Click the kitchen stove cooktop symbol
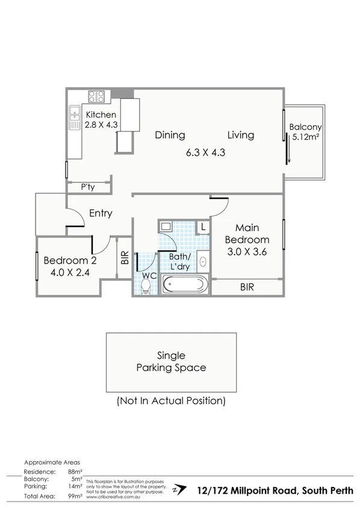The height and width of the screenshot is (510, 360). pyautogui.click(x=96, y=96)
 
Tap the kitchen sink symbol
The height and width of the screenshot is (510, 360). pyautogui.click(x=74, y=118)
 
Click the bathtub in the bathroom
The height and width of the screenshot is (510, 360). pyautogui.click(x=185, y=284)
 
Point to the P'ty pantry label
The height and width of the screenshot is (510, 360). pyautogui.click(x=88, y=188)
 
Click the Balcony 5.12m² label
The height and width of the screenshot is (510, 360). pyautogui.click(x=305, y=132)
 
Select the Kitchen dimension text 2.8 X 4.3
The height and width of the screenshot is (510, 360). pyautogui.click(x=101, y=125)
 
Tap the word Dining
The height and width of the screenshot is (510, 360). pyautogui.click(x=170, y=135)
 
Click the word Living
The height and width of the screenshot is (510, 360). pyautogui.click(x=240, y=135)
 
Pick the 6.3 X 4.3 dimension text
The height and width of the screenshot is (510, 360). pyautogui.click(x=205, y=152)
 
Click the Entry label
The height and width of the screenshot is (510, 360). pyautogui.click(x=101, y=213)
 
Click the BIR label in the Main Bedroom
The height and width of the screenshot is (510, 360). pyautogui.click(x=247, y=288)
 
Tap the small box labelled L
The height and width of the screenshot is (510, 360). pyautogui.click(x=202, y=228)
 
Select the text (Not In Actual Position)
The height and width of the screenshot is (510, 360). pyautogui.click(x=171, y=400)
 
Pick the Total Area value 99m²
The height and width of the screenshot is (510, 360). pyautogui.click(x=75, y=496)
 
